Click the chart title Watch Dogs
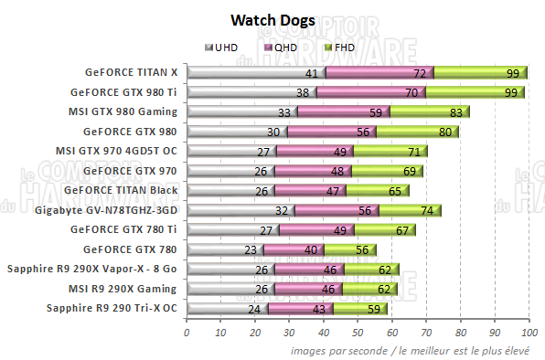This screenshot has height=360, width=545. [x=272, y=19]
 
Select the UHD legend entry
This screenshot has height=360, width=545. [x=224, y=47]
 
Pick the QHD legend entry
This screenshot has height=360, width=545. [x=282, y=47]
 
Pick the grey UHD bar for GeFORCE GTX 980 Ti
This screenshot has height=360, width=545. [x=251, y=92]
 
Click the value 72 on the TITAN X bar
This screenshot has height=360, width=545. [x=420, y=73]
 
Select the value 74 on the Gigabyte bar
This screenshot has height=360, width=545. [x=425, y=210]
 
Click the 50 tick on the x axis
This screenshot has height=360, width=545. [x=358, y=333]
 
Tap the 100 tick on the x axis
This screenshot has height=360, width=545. [x=528, y=333]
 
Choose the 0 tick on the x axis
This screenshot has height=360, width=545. [x=187, y=333]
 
